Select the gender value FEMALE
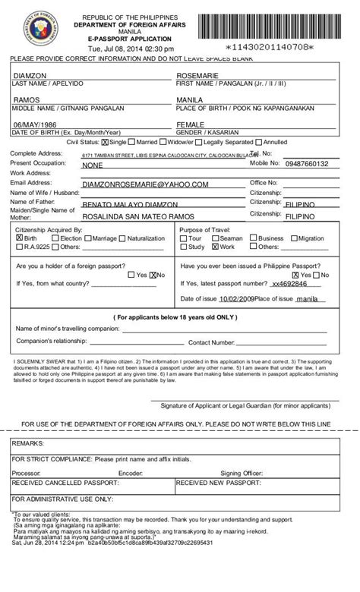click(x=190, y=124)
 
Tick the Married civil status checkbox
click(x=133, y=142)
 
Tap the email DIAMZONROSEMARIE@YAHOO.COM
click(x=144, y=184)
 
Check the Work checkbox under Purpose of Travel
click(x=216, y=247)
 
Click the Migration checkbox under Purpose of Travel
click(x=294, y=238)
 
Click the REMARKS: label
click(x=28, y=442)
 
